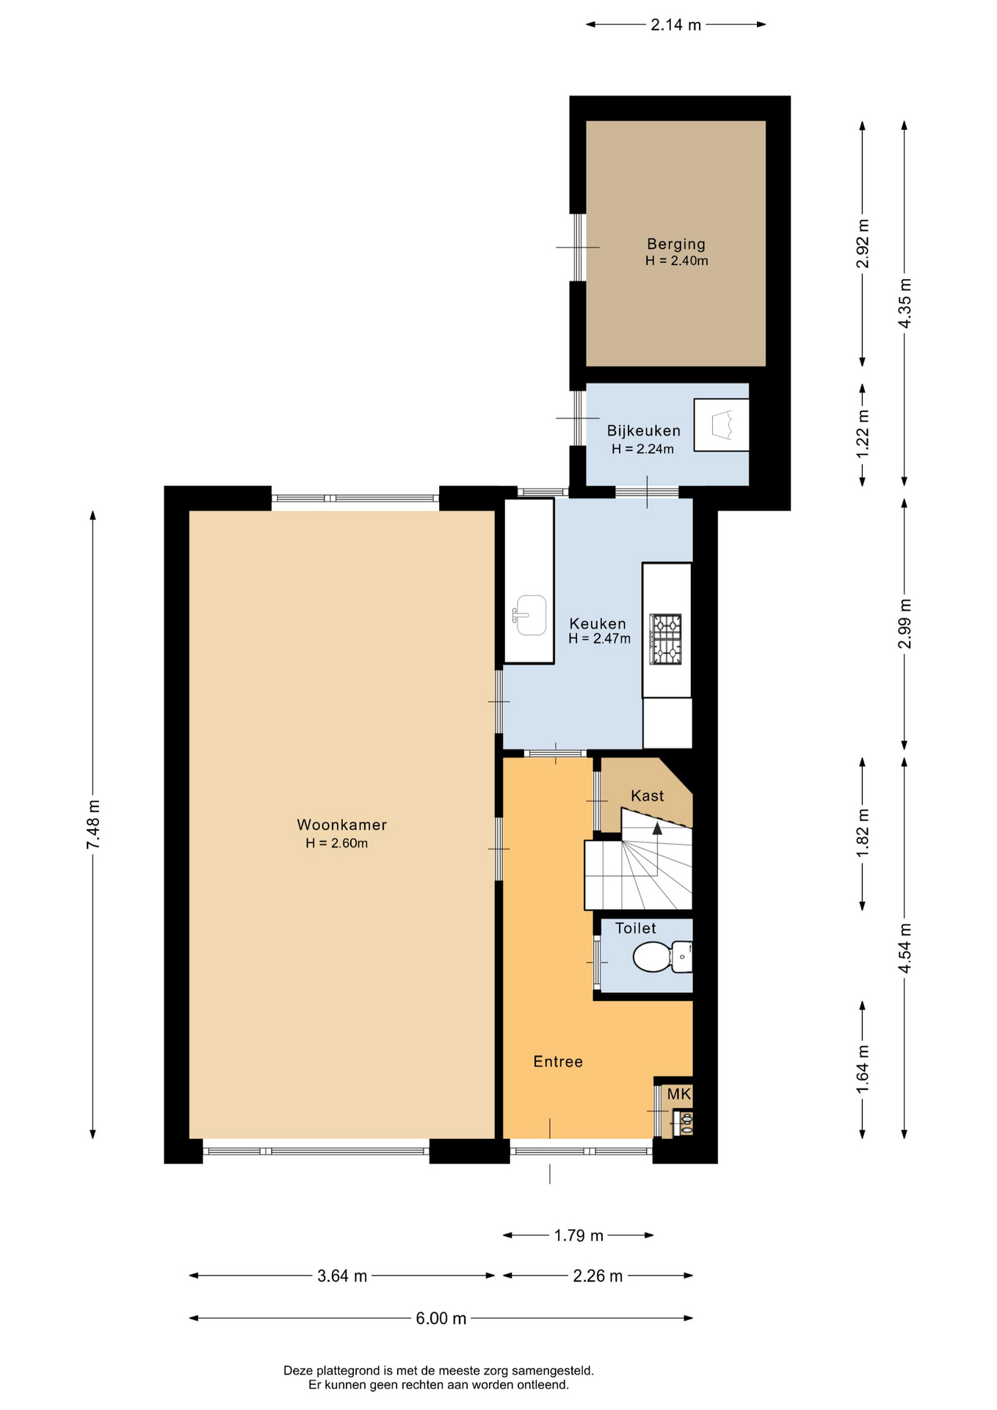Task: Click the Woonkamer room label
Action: (341, 825)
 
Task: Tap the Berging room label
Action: (676, 244)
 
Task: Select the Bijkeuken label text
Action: (643, 431)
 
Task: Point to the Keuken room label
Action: (598, 623)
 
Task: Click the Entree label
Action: (558, 1061)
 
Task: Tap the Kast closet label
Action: (647, 795)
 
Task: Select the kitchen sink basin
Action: (529, 615)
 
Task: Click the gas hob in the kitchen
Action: (665, 639)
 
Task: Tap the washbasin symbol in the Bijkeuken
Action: (722, 424)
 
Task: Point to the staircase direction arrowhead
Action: (657, 828)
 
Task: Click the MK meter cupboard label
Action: (679, 1094)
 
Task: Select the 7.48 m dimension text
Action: (93, 825)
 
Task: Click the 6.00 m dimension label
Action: (441, 1318)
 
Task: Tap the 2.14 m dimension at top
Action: (676, 25)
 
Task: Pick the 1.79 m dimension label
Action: (579, 1236)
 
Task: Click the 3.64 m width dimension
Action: (342, 1276)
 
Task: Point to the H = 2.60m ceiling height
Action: (337, 843)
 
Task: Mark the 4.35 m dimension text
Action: (904, 303)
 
